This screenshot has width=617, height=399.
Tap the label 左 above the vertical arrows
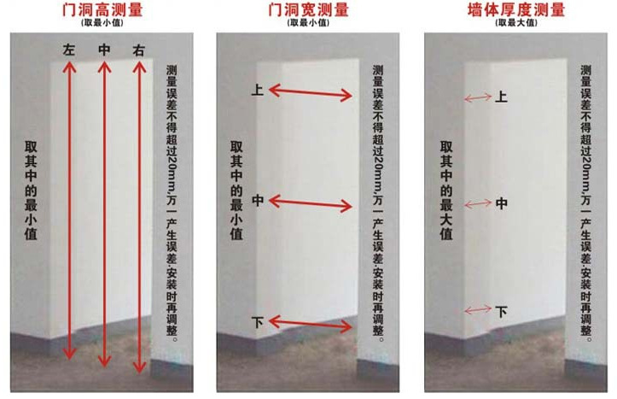coord(69,50)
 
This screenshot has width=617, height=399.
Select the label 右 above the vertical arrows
coord(139,50)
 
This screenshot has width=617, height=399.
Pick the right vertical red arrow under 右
coord(139,214)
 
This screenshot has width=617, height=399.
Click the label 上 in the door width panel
coord(258,89)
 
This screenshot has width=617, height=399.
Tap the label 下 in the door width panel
coord(258,322)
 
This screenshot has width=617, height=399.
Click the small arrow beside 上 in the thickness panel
coord(476,98)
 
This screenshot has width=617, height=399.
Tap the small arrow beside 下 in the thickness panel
coord(476,309)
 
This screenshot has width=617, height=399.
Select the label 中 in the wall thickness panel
coord(502,203)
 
